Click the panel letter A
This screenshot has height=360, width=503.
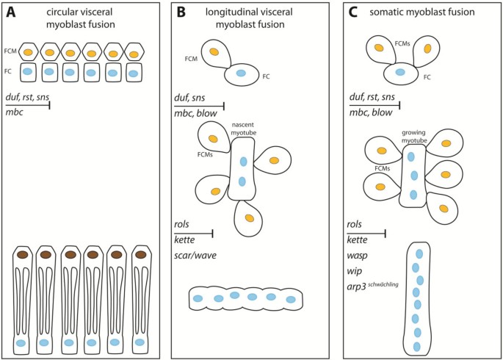(x=12, y=12)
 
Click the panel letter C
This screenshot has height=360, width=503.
(x=352, y=12)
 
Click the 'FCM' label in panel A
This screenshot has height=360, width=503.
(x=10, y=51)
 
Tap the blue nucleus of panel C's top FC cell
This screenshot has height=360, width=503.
(x=400, y=73)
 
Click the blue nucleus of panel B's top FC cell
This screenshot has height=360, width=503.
(x=239, y=73)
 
